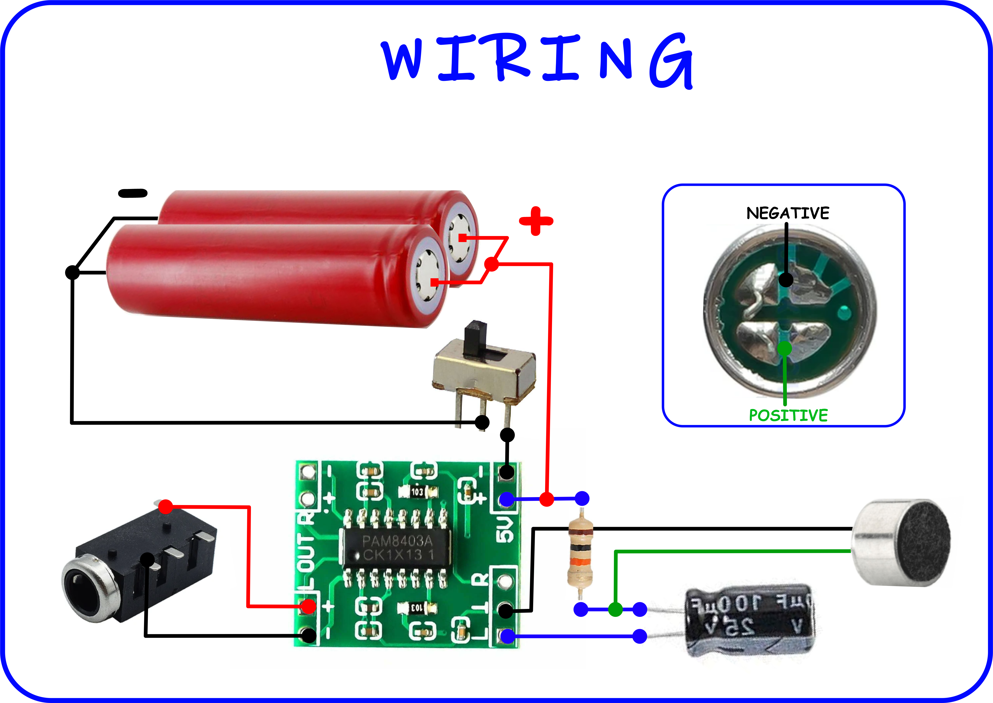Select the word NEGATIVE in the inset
[788, 213]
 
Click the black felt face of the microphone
[924, 543]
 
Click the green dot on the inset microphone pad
[784, 348]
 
